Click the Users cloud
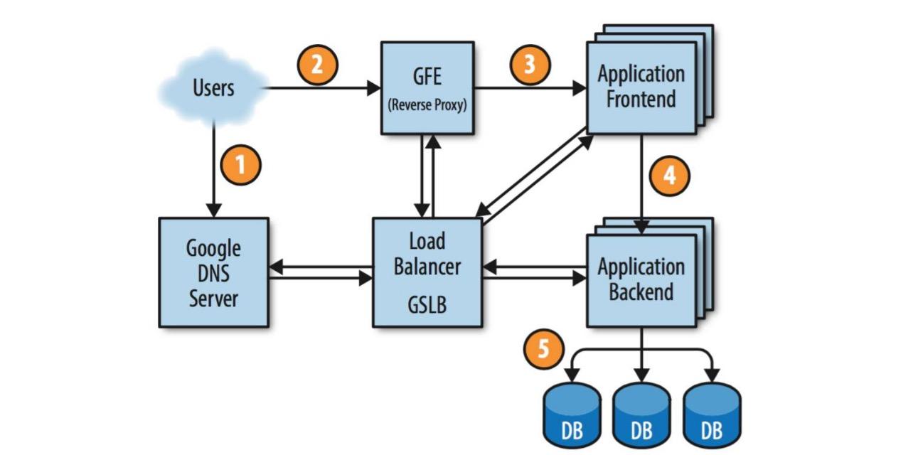(x=213, y=89)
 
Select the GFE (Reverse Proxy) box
(x=427, y=87)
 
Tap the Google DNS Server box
(x=213, y=272)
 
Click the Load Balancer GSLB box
(x=427, y=272)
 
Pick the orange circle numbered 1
(x=241, y=165)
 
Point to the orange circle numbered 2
(x=317, y=65)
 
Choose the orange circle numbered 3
(x=530, y=65)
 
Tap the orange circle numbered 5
(x=543, y=352)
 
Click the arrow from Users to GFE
(x=320, y=89)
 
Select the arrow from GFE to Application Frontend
(x=530, y=89)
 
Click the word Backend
(x=641, y=292)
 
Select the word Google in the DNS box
(x=213, y=249)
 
